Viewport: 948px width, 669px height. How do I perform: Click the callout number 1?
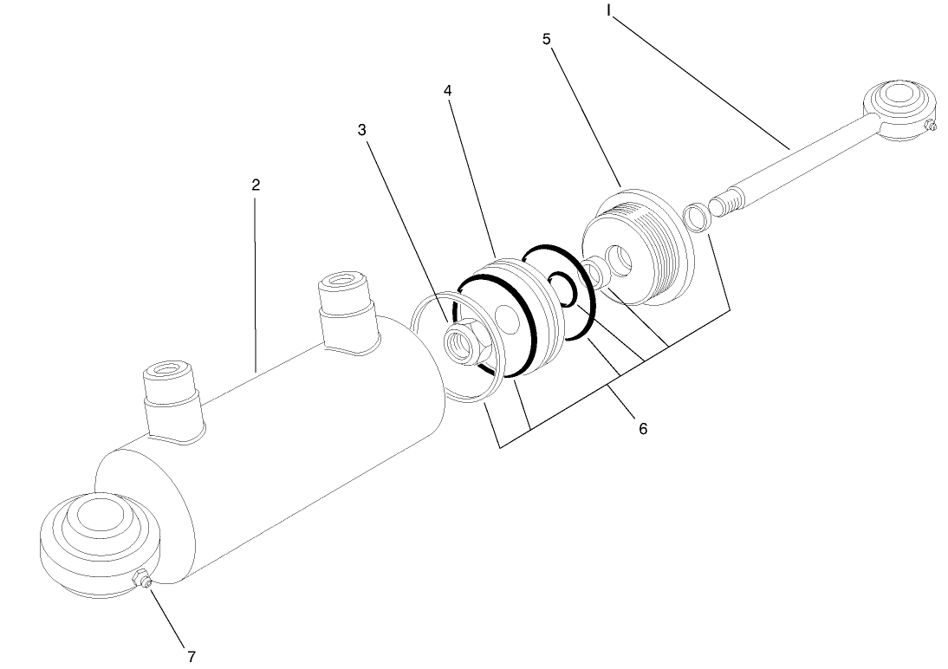click(x=608, y=10)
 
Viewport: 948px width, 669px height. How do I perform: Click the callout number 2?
click(x=256, y=185)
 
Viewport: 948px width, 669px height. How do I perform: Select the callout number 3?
click(x=362, y=130)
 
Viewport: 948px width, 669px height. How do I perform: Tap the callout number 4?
click(x=447, y=90)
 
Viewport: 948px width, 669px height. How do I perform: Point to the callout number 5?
click(x=547, y=40)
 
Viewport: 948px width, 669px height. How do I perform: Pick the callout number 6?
click(x=642, y=428)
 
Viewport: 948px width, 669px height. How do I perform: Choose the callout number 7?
click(x=192, y=655)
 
